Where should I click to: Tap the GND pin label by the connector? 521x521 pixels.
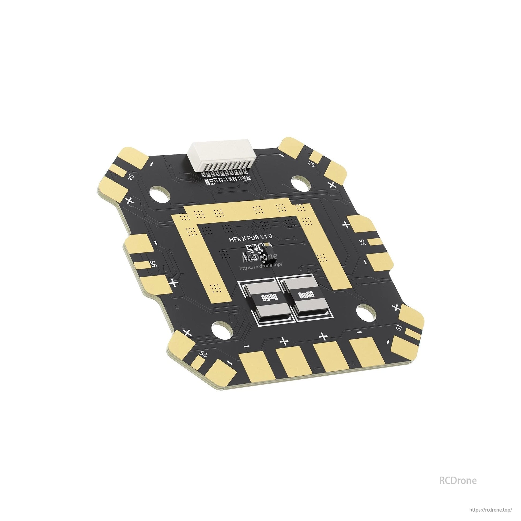[207, 182]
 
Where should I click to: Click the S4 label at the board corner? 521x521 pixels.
[131, 177]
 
